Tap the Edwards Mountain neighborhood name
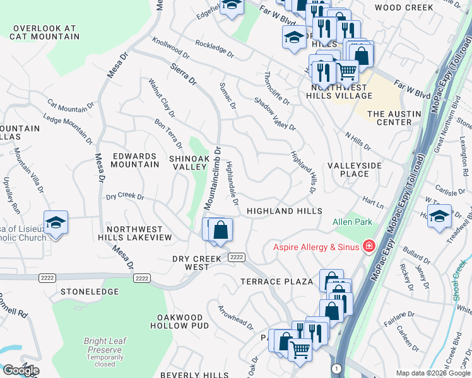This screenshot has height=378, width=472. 135,160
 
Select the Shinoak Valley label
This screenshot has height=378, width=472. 188,163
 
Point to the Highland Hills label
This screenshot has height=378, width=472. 284,211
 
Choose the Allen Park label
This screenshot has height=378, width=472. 353,222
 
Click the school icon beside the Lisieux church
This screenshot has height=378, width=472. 56,222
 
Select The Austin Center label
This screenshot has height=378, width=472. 389,118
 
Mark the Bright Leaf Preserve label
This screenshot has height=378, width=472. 105,345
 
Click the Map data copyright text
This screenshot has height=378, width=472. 432,373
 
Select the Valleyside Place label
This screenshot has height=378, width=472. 355,169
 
